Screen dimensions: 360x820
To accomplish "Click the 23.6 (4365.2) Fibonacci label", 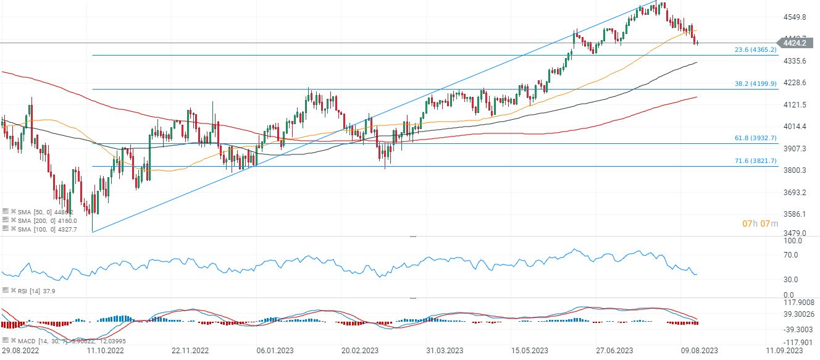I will [755, 49].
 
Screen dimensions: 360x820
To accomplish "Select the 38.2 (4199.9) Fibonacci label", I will [755, 83].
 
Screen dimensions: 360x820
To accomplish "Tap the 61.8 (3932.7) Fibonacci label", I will [755, 138].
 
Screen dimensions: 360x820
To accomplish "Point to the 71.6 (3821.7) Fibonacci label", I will [755, 160].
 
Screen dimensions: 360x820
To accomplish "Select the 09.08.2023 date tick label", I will [700, 351].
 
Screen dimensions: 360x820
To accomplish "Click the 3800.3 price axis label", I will [795, 170].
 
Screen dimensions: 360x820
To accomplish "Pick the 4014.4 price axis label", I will [795, 127].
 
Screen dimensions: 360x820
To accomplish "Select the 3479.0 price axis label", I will [795, 233].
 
